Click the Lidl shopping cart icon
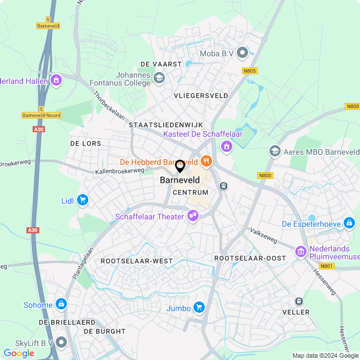coord(83,200)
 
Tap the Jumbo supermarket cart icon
coord(198,307)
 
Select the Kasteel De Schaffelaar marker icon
coord(227,147)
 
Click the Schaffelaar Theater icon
coord(193,215)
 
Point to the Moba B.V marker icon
coord(243,53)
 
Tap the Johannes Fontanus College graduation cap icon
coord(159,78)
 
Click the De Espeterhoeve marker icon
coord(349,223)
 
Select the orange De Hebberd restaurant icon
coord(206,161)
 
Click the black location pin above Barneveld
coord(180,166)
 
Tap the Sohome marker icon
coord(61,304)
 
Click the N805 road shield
coord(250,71)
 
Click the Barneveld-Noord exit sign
coord(41,115)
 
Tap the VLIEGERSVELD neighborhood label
coord(201,96)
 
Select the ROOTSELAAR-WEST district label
coord(137,260)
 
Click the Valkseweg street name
coord(264,235)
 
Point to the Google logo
coord(19,353)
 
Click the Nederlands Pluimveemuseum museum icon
coord(300,251)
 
